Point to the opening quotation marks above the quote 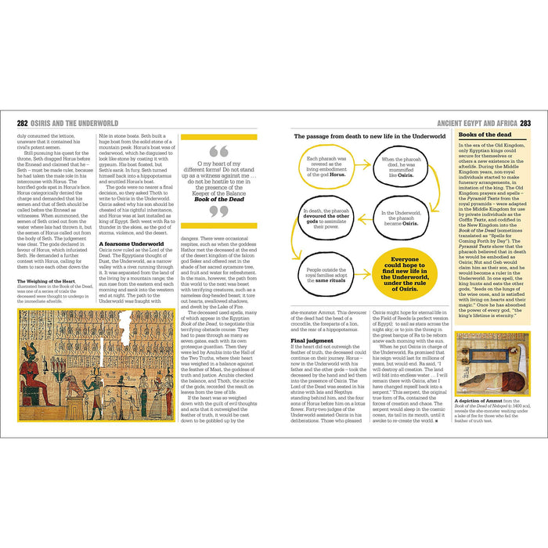click(x=218, y=150)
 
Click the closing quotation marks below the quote click(x=218, y=211)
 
